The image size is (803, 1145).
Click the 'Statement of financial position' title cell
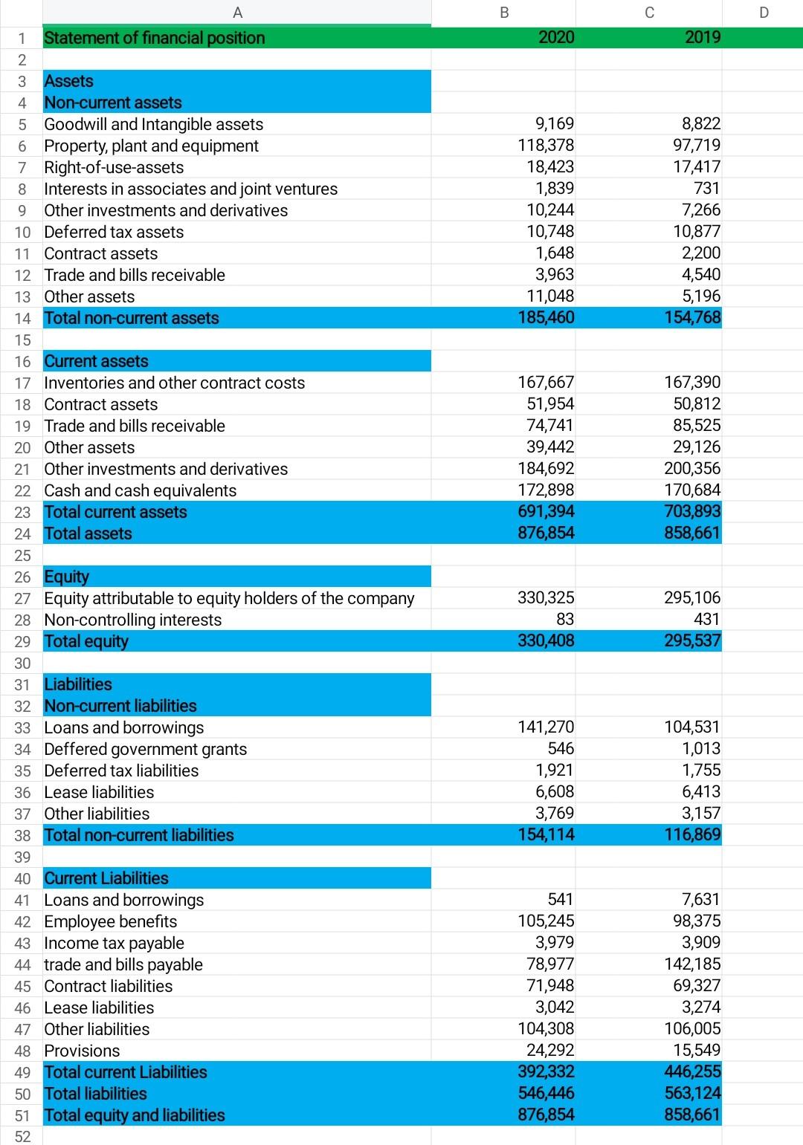click(x=155, y=38)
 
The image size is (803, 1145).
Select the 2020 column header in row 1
click(x=555, y=38)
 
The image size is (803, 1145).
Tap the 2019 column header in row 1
click(x=702, y=38)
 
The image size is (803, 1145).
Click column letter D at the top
click(x=764, y=12)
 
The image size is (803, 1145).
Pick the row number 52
click(x=22, y=1137)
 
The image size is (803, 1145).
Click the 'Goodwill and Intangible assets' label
click(x=154, y=124)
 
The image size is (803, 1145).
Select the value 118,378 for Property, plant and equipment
click(x=546, y=146)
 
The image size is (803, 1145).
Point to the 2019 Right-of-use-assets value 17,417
click(x=697, y=167)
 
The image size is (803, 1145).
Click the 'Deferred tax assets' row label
click(x=114, y=232)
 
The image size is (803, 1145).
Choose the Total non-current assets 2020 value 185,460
click(x=546, y=318)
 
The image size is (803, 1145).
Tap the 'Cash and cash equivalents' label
click(x=141, y=490)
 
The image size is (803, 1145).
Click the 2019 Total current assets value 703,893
click(x=692, y=512)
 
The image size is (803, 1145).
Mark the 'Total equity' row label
click(x=86, y=641)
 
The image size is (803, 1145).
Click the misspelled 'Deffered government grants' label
click(x=146, y=749)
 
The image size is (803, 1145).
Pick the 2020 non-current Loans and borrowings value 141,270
click(x=546, y=727)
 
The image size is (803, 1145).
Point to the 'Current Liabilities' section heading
click(x=106, y=878)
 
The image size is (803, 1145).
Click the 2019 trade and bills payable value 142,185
click(x=692, y=964)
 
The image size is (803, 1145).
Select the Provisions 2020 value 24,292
click(x=550, y=1051)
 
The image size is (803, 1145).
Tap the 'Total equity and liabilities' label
click(x=135, y=1115)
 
